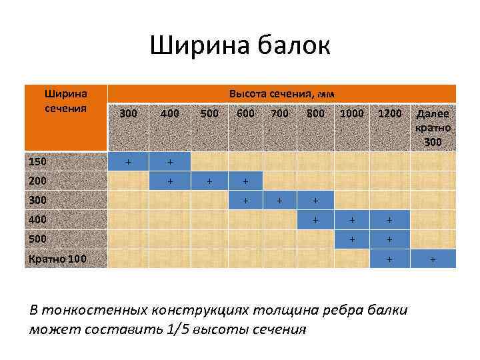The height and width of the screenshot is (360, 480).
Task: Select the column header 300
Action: click(x=129, y=113)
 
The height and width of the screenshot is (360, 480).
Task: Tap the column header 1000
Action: click(x=351, y=113)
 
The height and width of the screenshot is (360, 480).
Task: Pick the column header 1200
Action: click(x=390, y=113)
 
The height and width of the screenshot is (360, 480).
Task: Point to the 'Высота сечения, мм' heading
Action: click(x=281, y=93)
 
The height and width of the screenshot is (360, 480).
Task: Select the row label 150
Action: click(x=38, y=161)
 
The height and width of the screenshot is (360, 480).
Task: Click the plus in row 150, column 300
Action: click(x=129, y=161)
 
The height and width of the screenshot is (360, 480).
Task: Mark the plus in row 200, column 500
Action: click(x=209, y=181)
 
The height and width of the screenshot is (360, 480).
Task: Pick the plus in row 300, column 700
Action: click(x=280, y=200)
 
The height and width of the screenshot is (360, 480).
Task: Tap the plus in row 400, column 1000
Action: click(x=351, y=219)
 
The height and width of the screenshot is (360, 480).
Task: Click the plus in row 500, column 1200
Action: click(x=390, y=239)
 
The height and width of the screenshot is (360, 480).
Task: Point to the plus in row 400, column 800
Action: click(x=315, y=219)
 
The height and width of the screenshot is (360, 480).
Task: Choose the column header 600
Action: click(x=245, y=113)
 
